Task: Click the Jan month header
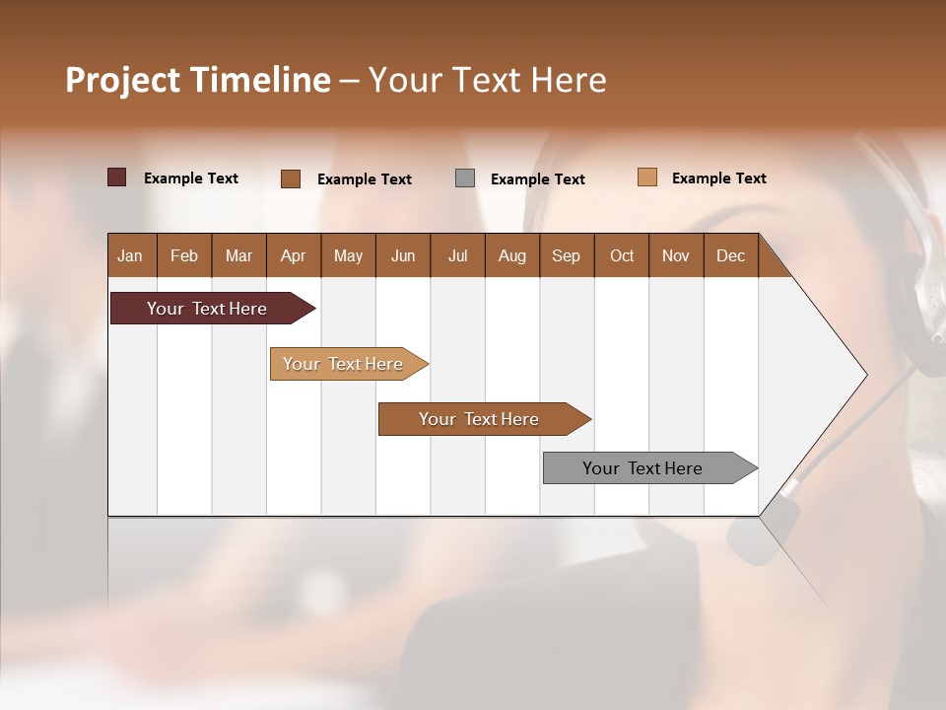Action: (x=130, y=255)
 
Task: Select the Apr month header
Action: (x=293, y=255)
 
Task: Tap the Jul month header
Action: (x=457, y=255)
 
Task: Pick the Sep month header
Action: (x=566, y=255)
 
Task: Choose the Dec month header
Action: (x=730, y=255)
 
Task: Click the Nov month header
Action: (x=675, y=255)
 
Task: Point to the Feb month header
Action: (x=184, y=255)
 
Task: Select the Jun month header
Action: (x=402, y=255)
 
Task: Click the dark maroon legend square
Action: (x=116, y=177)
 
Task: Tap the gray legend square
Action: (x=465, y=177)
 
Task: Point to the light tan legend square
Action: (x=646, y=177)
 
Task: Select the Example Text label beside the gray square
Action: (x=537, y=178)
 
